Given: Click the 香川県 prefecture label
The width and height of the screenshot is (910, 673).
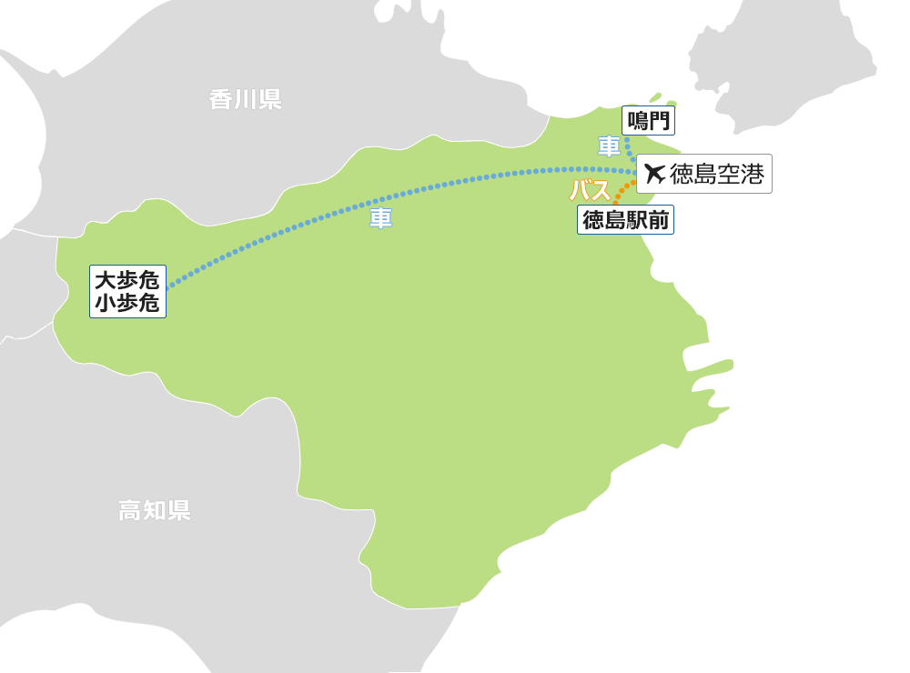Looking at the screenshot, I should click(245, 99).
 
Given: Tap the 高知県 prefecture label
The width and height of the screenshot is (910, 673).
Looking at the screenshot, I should click(155, 510).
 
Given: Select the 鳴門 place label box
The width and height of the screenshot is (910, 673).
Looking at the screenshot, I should click(648, 120).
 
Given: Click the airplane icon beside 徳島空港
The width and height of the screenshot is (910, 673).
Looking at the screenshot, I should click(654, 173).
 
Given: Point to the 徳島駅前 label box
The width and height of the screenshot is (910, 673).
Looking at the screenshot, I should click(625, 220).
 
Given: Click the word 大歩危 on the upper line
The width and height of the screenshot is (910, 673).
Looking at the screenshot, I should click(127, 280).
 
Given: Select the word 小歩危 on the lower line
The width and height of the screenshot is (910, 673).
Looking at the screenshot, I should click(127, 304).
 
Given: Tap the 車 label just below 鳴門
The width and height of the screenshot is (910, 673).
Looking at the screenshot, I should click(609, 146).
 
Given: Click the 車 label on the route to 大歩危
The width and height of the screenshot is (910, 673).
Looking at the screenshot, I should click(380, 219).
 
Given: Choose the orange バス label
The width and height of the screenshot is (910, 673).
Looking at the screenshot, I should click(590, 191).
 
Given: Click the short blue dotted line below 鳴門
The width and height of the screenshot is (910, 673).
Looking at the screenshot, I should click(629, 148).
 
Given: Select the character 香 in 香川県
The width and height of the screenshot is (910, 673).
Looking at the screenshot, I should click(221, 99).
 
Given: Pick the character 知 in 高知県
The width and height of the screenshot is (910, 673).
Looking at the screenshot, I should click(155, 510).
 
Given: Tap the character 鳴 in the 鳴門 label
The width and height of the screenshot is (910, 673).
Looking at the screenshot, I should click(637, 120).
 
